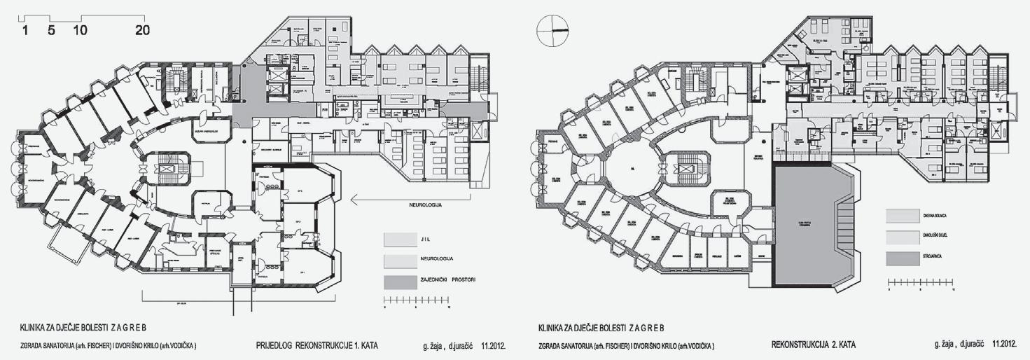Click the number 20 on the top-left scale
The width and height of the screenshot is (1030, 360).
[x=141, y=30]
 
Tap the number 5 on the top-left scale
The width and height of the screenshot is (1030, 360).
[x=51, y=30]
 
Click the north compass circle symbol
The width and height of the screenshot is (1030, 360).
[x=551, y=30]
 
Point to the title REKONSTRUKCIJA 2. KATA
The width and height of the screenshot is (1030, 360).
[x=815, y=346]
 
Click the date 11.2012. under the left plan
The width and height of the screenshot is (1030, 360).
[x=494, y=346]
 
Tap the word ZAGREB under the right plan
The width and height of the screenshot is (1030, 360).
[x=640, y=328]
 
